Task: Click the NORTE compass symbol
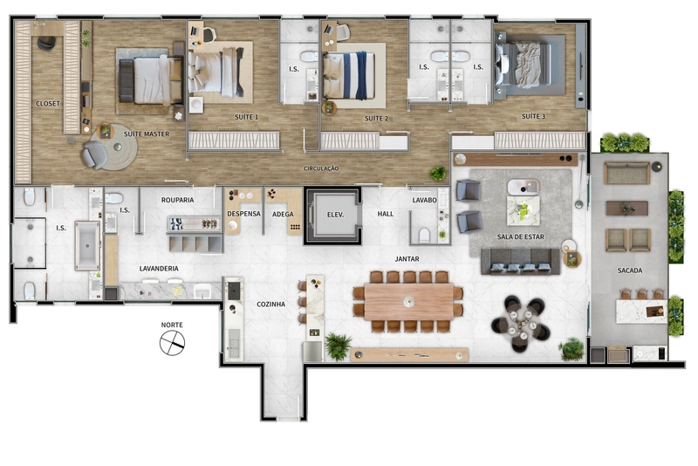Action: coord(172,343)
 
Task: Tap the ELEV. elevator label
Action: coord(335,215)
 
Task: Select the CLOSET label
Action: coord(48,103)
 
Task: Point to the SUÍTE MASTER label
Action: coord(147,134)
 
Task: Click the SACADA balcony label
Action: coord(629,271)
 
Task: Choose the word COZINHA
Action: coord(270,305)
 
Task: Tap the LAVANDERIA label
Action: coord(159,269)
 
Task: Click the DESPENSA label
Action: coord(244,214)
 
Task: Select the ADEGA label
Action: coord(283,214)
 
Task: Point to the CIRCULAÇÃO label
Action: coord(321,168)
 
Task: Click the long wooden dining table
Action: coord(408,302)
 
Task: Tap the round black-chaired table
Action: coord(520,324)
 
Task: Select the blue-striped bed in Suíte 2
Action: coord(348,76)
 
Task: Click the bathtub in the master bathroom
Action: coord(87,246)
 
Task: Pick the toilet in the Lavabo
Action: coord(424,235)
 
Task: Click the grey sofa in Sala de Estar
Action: coord(520,261)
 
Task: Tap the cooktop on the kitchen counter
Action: coord(234,291)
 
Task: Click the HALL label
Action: coord(386,214)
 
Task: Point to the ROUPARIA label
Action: coord(177,200)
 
